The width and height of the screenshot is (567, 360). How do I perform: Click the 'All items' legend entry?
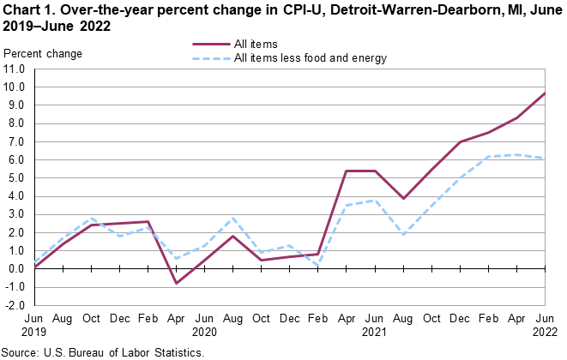coord(255,44)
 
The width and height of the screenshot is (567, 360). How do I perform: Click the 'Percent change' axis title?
coord(43,54)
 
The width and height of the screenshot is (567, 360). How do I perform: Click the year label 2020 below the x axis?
coord(205,330)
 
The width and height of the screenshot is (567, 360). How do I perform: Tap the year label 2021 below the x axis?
coord(374,330)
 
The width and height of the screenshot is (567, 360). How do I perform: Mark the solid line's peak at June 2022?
coord(545,93)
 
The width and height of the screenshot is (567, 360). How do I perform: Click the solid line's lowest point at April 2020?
coord(176,283)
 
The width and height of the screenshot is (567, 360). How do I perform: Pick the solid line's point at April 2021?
coord(345,171)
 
